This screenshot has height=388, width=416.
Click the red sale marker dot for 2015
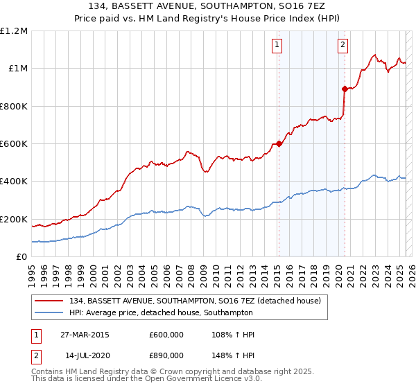coord(279,144)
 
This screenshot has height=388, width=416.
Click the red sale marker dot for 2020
coord(345,89)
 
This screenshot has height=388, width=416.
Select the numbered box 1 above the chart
coord(277,46)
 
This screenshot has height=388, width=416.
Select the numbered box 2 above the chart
coord(343,46)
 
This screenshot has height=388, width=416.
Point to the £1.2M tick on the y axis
coord(14,31)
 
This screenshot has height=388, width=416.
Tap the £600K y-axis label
coord(14,144)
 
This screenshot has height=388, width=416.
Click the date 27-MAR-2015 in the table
coord(84,335)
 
